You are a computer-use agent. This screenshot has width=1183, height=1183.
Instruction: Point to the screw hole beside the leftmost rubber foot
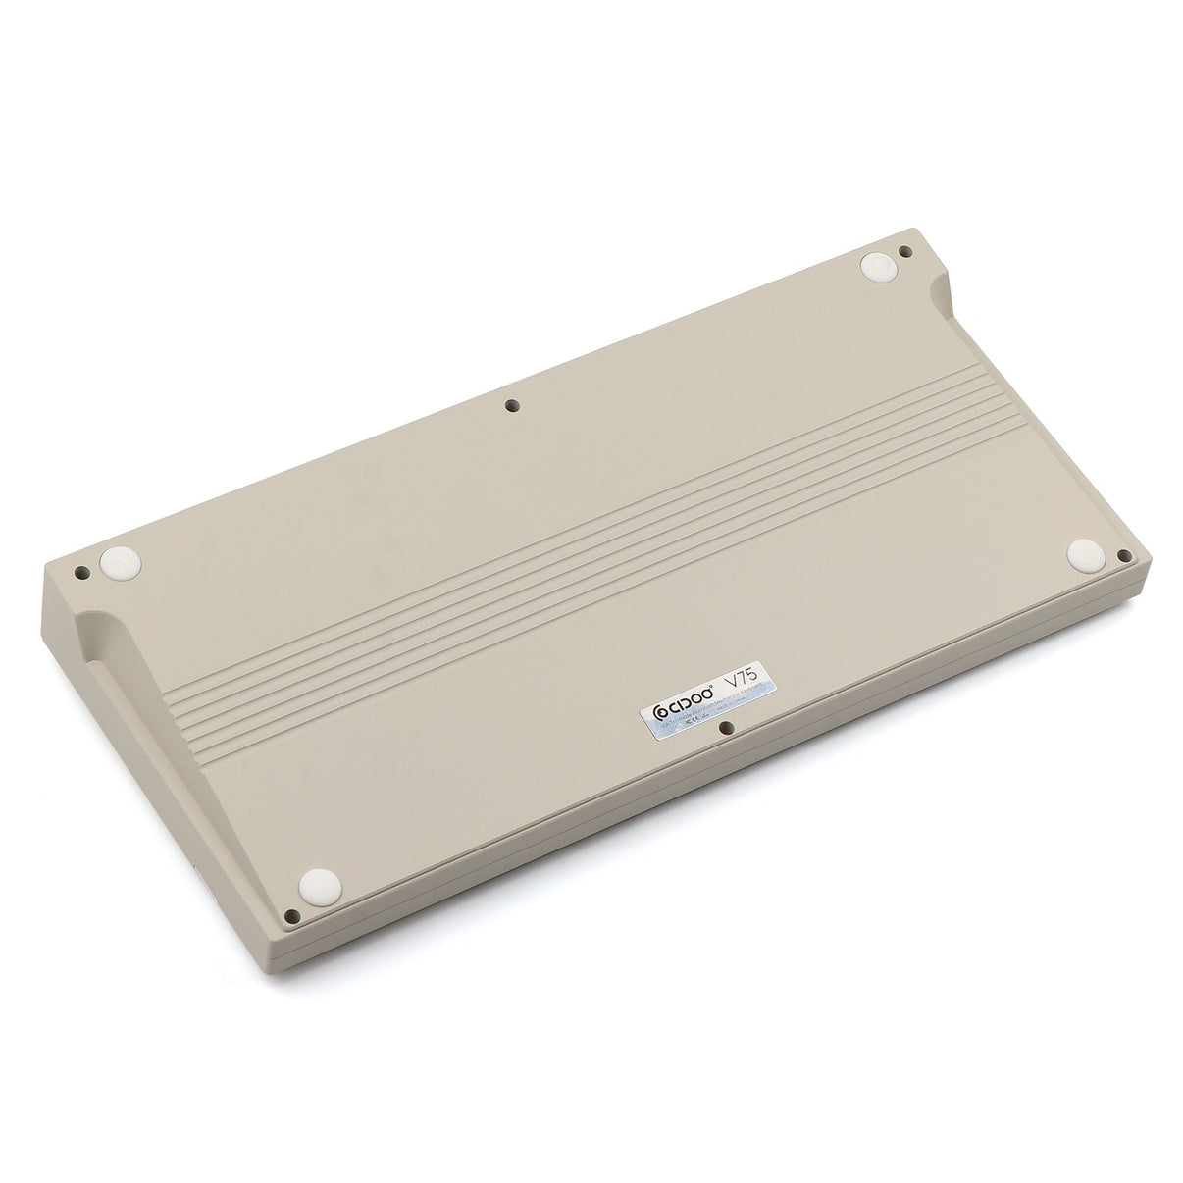(x=82, y=571)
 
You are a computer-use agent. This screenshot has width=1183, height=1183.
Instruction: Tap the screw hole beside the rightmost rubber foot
(x=1125, y=556)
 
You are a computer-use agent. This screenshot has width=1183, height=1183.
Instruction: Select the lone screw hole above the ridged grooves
(x=511, y=404)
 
